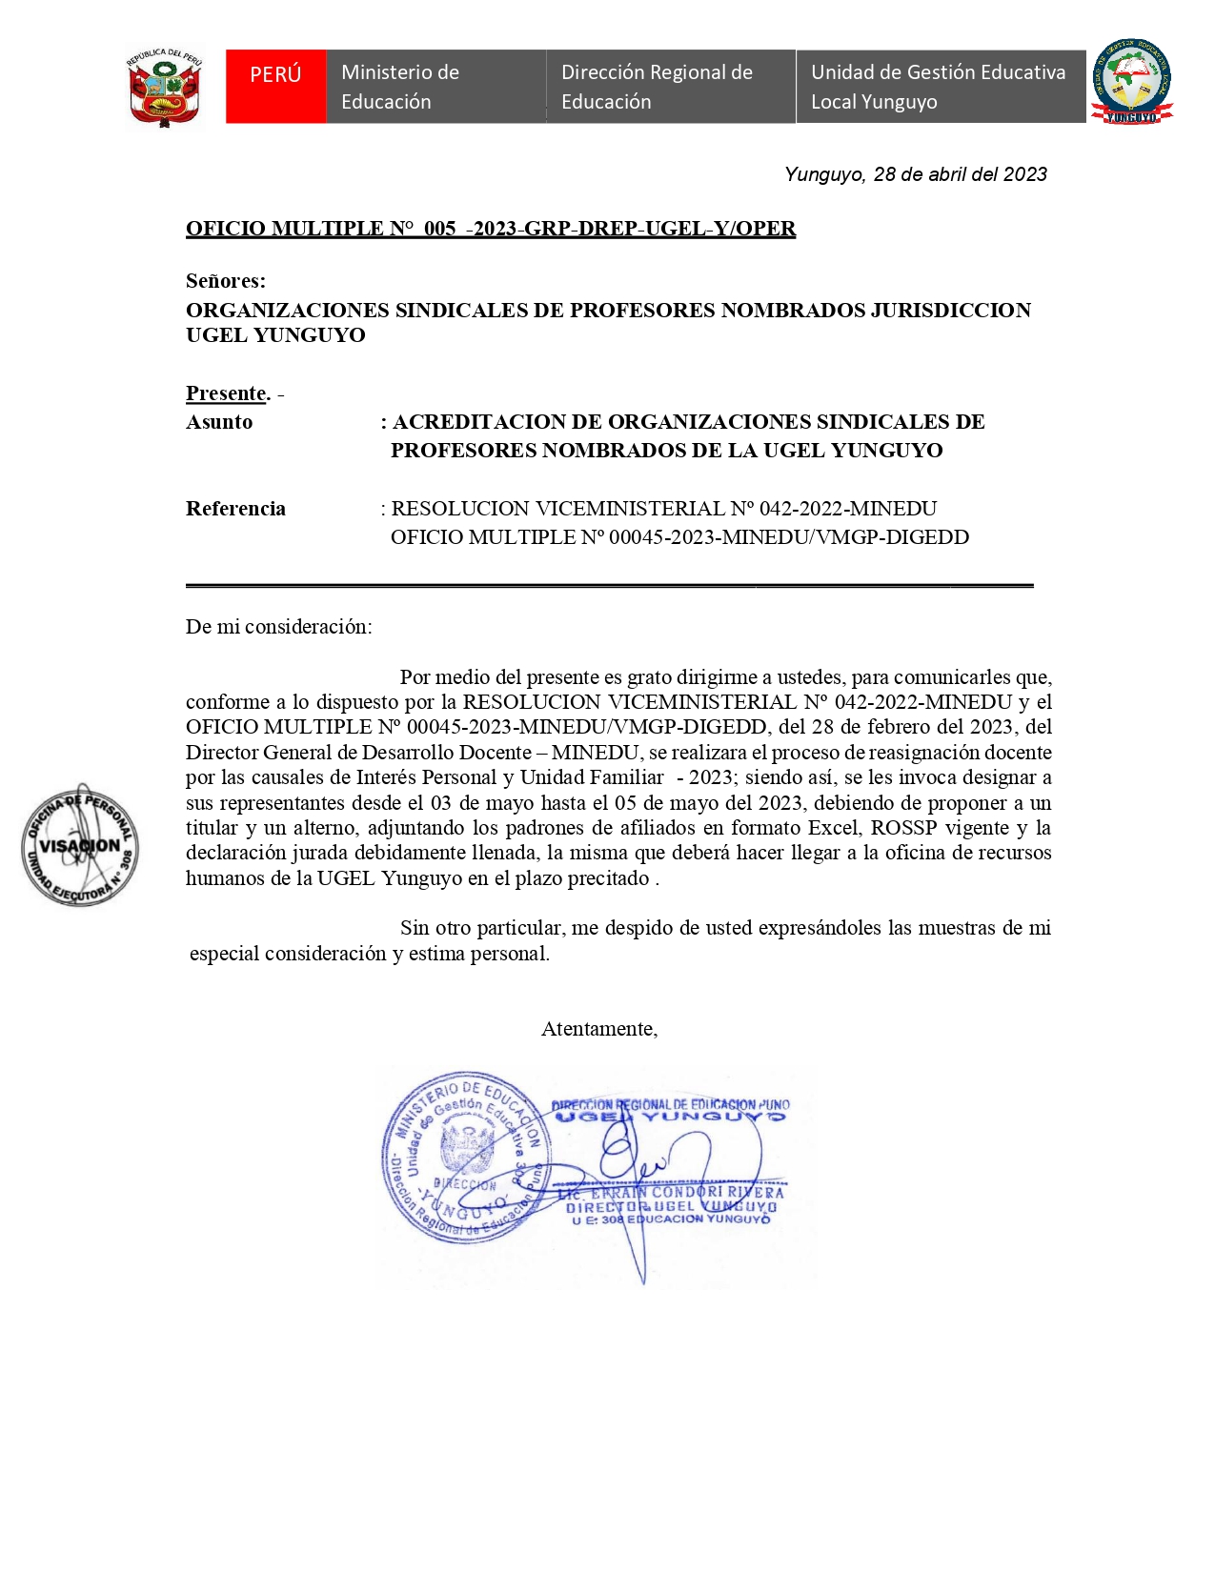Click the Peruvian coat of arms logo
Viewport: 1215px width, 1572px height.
point(164,88)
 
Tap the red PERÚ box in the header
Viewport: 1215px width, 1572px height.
point(275,86)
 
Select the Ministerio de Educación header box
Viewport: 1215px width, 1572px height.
point(435,87)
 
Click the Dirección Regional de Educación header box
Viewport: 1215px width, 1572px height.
point(670,87)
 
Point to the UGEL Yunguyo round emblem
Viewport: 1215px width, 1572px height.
point(1131,82)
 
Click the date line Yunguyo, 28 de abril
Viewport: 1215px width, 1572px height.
point(915,174)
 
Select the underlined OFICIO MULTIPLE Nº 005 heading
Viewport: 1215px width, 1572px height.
point(490,229)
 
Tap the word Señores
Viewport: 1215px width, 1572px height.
point(225,281)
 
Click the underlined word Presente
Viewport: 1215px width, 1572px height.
point(227,393)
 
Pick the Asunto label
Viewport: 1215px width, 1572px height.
point(219,422)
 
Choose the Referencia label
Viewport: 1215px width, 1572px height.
point(235,509)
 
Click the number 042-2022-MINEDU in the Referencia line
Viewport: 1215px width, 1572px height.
point(847,509)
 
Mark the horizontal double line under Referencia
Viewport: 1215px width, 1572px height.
point(609,585)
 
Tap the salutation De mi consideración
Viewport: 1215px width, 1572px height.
point(278,627)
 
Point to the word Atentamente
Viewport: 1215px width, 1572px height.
point(598,1029)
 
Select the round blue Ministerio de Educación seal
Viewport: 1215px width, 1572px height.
point(463,1156)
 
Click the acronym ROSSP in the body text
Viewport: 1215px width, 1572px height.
point(903,828)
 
